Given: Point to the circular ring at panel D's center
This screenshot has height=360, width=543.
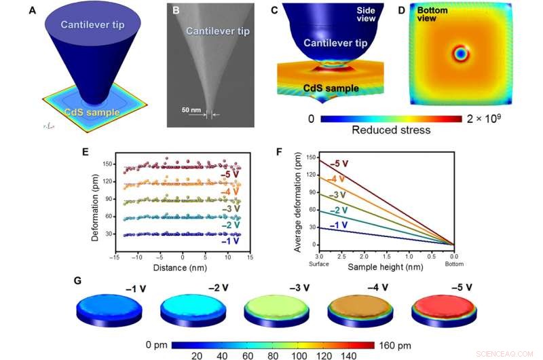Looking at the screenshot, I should (x=461, y=53).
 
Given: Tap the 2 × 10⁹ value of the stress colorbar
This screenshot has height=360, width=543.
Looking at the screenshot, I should (x=489, y=118).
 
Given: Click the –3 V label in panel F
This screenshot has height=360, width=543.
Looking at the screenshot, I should (x=337, y=195).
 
